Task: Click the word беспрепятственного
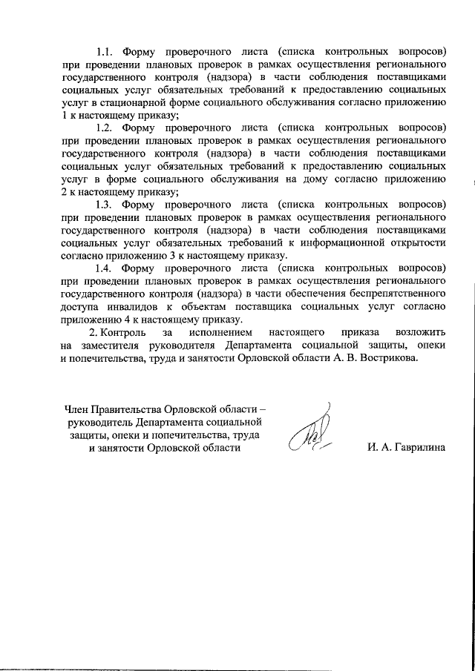click(x=390, y=294)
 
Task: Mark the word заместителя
click(x=109, y=346)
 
